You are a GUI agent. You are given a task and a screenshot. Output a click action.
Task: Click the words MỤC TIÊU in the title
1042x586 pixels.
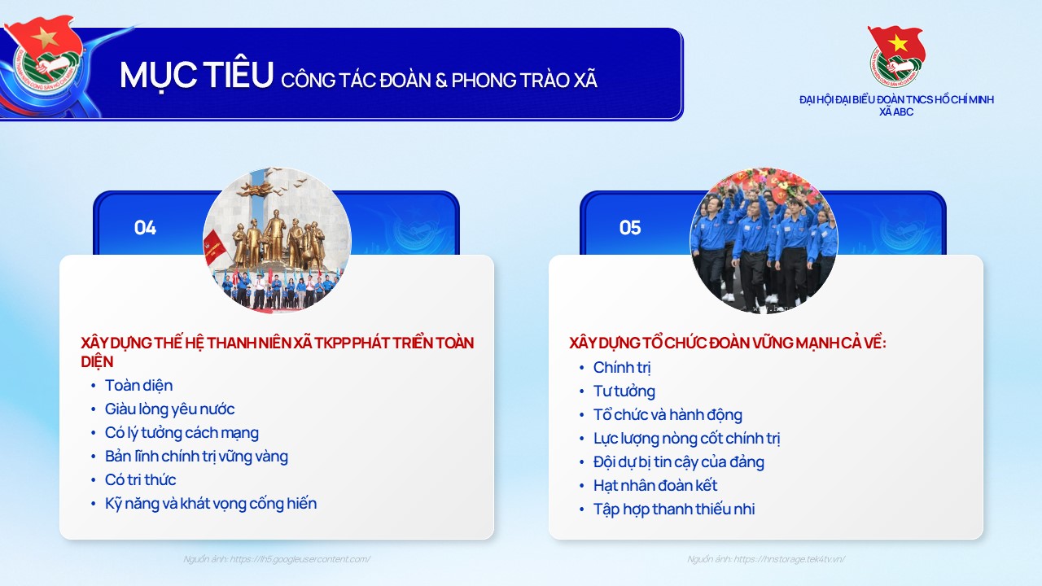[x=196, y=76]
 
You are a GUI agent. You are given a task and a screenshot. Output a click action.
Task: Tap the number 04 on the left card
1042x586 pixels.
[x=145, y=228]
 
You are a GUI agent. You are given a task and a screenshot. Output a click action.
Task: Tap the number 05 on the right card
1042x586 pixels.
[x=630, y=228]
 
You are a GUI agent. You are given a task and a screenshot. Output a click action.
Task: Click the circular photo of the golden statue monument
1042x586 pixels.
[x=277, y=241]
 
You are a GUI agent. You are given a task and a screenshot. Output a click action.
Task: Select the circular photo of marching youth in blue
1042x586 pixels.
[x=764, y=241]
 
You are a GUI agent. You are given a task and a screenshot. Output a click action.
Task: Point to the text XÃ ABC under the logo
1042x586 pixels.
[x=896, y=112]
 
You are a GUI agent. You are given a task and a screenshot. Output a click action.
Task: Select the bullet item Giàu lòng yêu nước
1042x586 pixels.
[x=169, y=409]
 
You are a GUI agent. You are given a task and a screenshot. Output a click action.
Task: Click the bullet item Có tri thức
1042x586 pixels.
[x=140, y=479]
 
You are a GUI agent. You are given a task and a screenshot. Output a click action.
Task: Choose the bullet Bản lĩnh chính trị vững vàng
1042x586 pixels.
[x=196, y=456]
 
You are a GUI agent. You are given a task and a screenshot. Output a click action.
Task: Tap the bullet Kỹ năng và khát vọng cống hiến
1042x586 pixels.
[x=210, y=503]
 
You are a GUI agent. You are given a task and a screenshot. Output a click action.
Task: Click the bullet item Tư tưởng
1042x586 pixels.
[x=624, y=391]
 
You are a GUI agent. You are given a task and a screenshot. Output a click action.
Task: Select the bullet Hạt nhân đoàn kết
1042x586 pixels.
[x=655, y=485]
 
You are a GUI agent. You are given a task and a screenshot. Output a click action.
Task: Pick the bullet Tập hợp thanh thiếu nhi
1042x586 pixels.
[x=673, y=509]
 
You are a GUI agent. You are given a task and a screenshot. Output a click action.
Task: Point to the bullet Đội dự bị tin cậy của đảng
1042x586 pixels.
[x=678, y=461]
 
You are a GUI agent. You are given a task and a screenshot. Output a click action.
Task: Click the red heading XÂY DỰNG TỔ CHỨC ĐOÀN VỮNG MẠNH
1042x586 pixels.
[x=727, y=343]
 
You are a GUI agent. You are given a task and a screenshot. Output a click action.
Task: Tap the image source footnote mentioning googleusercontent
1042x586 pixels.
[x=277, y=559]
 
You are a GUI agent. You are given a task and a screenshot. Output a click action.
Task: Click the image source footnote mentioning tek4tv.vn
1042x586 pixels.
[x=766, y=559]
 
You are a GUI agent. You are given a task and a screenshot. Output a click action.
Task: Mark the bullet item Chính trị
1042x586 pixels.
[x=622, y=367]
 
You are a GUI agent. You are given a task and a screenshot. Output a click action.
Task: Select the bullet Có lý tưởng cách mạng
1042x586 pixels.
[x=182, y=432]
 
